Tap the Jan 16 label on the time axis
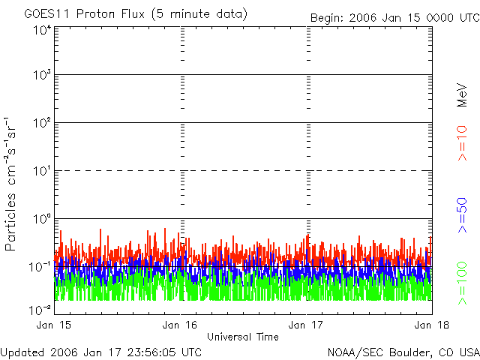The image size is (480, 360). (x=180, y=325)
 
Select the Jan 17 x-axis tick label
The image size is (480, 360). (x=307, y=325)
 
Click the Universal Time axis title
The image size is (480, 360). (x=243, y=337)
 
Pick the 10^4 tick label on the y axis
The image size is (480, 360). (x=41, y=29)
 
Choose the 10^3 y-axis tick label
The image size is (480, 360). (x=41, y=76)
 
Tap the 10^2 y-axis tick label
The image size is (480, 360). (x=41, y=124)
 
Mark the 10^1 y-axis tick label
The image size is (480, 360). (x=41, y=172)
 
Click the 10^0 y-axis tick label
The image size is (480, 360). (x=41, y=220)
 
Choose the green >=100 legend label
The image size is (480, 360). (x=463, y=282)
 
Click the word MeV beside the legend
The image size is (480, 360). (x=463, y=94)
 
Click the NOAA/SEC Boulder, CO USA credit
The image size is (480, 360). (x=403, y=352)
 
